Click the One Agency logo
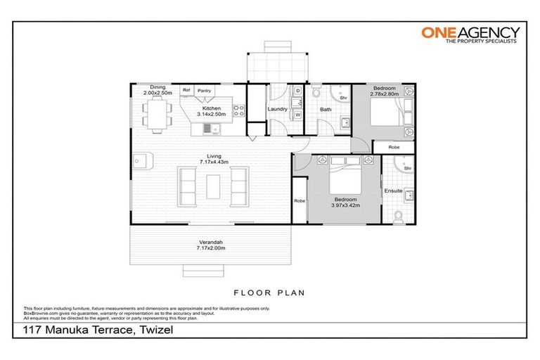click(x=470, y=34)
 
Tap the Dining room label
click(x=157, y=87)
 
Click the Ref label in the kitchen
click(x=186, y=90)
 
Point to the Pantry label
click(x=205, y=90)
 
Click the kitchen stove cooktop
click(x=239, y=110)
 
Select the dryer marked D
click(x=297, y=92)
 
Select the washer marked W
click(x=297, y=114)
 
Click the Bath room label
click(x=326, y=110)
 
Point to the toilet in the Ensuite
click(x=399, y=216)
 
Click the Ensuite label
click(x=393, y=191)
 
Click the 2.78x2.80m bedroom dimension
click(x=385, y=93)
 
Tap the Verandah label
click(x=211, y=242)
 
